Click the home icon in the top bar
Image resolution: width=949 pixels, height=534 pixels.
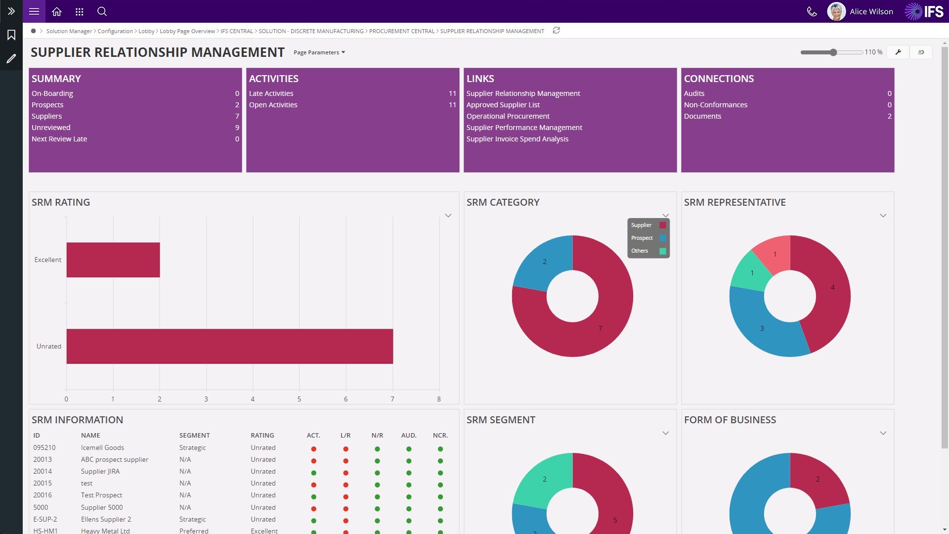coord(57,11)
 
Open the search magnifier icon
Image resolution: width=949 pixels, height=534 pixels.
coord(102,11)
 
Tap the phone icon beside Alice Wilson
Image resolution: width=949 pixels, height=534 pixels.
coord(812,11)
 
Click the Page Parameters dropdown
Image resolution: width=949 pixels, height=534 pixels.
coord(319,52)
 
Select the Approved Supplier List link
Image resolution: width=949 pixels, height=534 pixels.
coord(503,105)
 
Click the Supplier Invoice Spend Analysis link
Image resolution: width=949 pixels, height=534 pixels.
coord(517,139)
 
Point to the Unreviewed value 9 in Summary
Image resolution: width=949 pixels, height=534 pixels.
coord(237,128)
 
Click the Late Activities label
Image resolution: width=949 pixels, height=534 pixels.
coord(271,93)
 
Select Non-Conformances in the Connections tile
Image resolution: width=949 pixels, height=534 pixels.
coord(715,105)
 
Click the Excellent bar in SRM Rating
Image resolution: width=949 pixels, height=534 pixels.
coord(113,260)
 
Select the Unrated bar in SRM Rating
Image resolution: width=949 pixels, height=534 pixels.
coord(229,346)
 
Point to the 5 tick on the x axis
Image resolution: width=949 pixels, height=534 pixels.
coord(299,399)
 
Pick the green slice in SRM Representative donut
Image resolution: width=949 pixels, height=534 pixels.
coord(750,272)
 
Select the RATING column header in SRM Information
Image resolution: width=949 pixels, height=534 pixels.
coord(262,436)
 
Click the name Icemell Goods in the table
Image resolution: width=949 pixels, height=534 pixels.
coord(102,448)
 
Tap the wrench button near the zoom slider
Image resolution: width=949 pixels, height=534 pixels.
coord(898,52)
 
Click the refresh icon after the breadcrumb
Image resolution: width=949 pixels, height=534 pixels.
coord(556,31)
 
